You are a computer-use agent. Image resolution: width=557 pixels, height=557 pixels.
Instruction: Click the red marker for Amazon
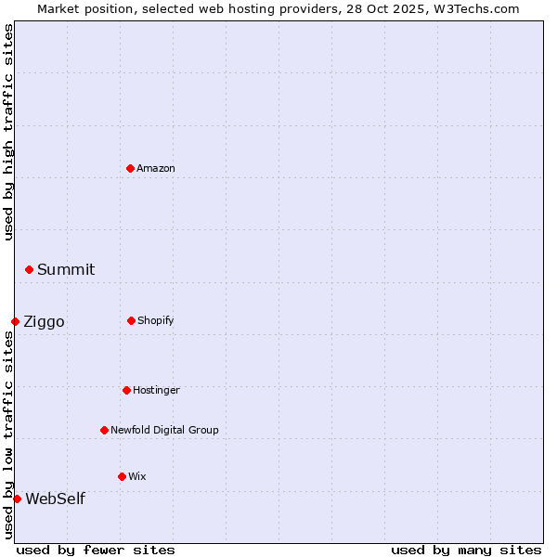click(130, 168)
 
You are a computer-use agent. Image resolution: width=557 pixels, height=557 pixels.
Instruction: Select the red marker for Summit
click(29, 269)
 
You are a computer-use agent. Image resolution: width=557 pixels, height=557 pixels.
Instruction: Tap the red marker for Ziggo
click(15, 321)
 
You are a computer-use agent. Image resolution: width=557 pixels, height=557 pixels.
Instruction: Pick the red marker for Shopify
click(131, 320)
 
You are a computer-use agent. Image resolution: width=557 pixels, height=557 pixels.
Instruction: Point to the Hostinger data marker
click(126, 390)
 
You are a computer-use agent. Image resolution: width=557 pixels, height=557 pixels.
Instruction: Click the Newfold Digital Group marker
click(104, 430)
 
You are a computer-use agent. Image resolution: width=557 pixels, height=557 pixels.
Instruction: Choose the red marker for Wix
click(122, 476)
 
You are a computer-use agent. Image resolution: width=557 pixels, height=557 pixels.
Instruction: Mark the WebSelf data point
click(17, 499)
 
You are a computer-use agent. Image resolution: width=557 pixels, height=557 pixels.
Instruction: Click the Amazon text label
click(156, 168)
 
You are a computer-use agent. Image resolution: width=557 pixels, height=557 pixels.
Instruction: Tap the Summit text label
click(66, 270)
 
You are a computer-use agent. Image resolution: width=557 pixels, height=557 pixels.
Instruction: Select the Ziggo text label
click(44, 322)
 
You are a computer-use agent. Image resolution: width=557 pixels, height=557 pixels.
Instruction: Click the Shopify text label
click(156, 320)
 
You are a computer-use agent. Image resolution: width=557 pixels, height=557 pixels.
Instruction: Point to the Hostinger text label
click(156, 390)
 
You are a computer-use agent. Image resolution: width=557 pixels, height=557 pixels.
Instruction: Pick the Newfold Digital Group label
click(164, 430)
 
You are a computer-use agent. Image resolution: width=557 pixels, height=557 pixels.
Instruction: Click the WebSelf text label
click(55, 499)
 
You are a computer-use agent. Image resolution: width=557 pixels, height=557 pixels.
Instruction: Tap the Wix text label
click(137, 476)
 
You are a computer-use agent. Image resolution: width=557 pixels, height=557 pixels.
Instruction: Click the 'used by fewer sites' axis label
click(96, 550)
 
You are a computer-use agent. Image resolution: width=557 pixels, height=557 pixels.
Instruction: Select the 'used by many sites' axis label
click(466, 550)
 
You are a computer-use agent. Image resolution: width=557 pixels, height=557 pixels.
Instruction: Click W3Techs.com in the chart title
click(473, 8)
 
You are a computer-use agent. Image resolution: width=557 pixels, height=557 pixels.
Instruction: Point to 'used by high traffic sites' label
click(8, 132)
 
